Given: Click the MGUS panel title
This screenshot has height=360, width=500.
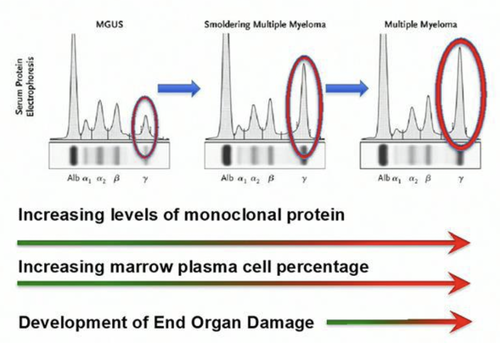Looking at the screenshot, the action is [109, 24].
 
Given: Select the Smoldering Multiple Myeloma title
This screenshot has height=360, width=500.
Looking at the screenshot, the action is [265, 25].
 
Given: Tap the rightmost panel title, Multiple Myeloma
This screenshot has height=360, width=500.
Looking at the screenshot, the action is [421, 25].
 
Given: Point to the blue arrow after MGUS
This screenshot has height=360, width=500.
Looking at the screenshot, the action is [179, 87].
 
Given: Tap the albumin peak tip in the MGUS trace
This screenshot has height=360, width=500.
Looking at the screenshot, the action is [73, 36].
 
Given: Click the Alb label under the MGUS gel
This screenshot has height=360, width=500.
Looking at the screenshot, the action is [74, 179].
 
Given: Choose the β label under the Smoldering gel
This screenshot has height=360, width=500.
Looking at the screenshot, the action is [271, 179].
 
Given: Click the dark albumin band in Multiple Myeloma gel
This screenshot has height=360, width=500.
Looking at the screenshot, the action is [383, 155].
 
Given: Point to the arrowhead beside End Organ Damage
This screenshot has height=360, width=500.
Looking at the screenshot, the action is [461, 322].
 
